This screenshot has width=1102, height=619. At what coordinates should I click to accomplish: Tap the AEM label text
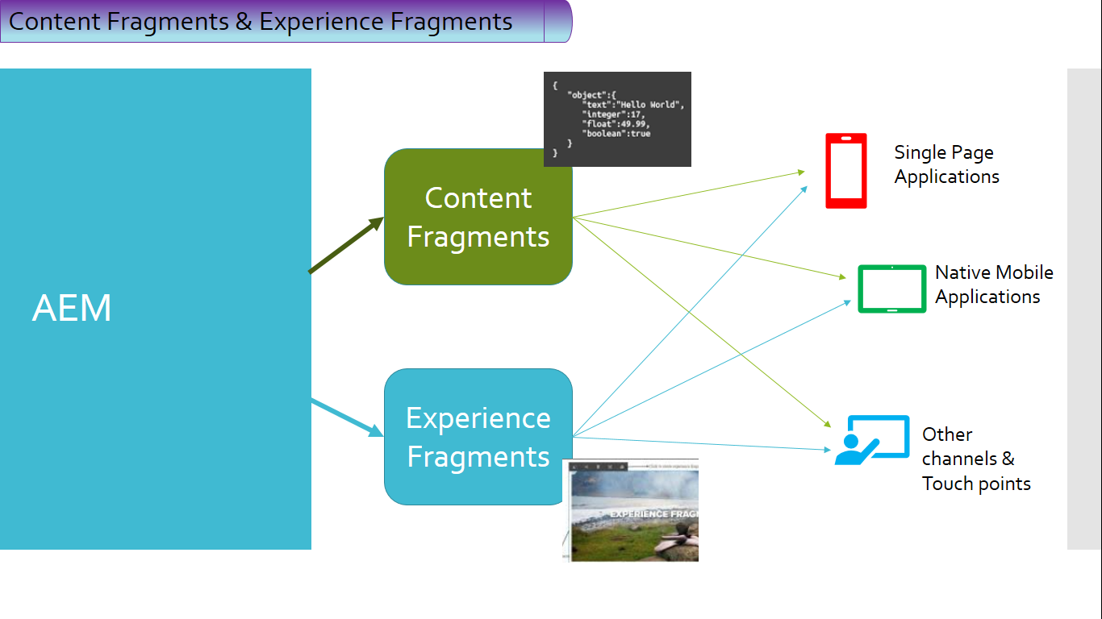point(72,309)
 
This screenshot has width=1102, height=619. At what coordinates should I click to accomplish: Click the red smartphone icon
point(845,171)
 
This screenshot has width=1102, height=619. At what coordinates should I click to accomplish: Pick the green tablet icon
point(891,289)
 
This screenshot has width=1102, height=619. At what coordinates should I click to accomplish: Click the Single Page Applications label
point(946,164)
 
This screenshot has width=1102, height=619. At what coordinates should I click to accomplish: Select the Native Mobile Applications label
point(993,285)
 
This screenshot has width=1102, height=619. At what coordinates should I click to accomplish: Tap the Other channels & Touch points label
point(975,459)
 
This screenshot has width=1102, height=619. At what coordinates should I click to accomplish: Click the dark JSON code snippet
point(617,119)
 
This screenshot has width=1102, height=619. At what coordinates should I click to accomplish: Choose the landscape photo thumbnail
point(631,512)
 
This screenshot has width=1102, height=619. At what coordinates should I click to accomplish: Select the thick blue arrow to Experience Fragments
point(347,418)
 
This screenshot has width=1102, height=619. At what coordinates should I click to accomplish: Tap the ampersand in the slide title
point(244,22)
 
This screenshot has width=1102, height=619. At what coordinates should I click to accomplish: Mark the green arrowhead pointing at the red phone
point(801,172)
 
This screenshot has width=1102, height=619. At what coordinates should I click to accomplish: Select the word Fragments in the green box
point(478,237)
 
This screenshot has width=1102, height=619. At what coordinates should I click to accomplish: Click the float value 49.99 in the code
point(632,124)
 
